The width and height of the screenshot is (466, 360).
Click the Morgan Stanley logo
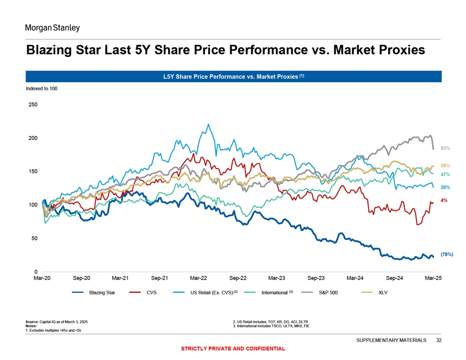[52, 28]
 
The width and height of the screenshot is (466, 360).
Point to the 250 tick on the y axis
[33, 105]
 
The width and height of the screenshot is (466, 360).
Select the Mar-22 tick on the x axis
[199, 278]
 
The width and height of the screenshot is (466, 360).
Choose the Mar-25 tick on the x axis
[433, 278]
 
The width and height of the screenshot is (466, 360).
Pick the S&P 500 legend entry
[328, 292]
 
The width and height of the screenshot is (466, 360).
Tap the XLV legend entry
[383, 292]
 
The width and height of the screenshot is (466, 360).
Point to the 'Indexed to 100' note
[41, 88]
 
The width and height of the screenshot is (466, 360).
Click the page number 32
[438, 340]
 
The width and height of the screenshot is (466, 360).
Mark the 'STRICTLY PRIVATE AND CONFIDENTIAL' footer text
[233, 349]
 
